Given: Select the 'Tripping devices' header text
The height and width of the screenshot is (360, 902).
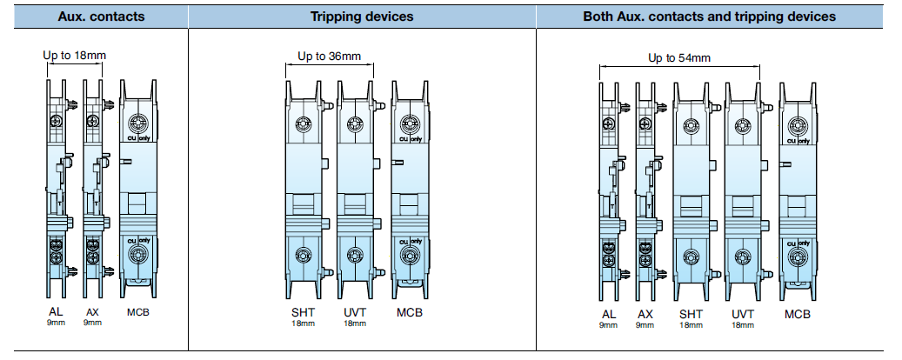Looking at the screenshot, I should coord(361,17).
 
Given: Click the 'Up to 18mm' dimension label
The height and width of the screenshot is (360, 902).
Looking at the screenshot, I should coord(75,56).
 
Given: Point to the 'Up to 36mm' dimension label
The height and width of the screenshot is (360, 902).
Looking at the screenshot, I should coord(329,57).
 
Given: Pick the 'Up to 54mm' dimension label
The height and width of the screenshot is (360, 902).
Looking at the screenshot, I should coord(679,58).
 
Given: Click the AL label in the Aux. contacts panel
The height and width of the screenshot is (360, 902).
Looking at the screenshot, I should coord(56,312).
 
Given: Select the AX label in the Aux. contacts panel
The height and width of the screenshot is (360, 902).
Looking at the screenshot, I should coord(92,312).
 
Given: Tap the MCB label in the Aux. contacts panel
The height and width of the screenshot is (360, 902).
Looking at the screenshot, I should coord(138,312).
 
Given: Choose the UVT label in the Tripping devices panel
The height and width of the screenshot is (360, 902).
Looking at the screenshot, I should coord(354,312).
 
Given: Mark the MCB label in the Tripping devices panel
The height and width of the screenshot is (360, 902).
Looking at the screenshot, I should coord(408,312).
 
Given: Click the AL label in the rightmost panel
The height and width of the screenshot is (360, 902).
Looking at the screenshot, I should coord(608,314).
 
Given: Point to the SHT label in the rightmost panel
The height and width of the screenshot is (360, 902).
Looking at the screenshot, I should coord(691,314).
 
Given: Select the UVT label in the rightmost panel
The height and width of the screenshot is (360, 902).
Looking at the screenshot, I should coord(742,314).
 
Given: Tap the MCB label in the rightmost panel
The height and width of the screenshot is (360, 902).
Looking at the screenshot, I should coord(797,314).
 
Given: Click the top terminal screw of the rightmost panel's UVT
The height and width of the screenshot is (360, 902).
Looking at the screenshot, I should coord(742,126).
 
